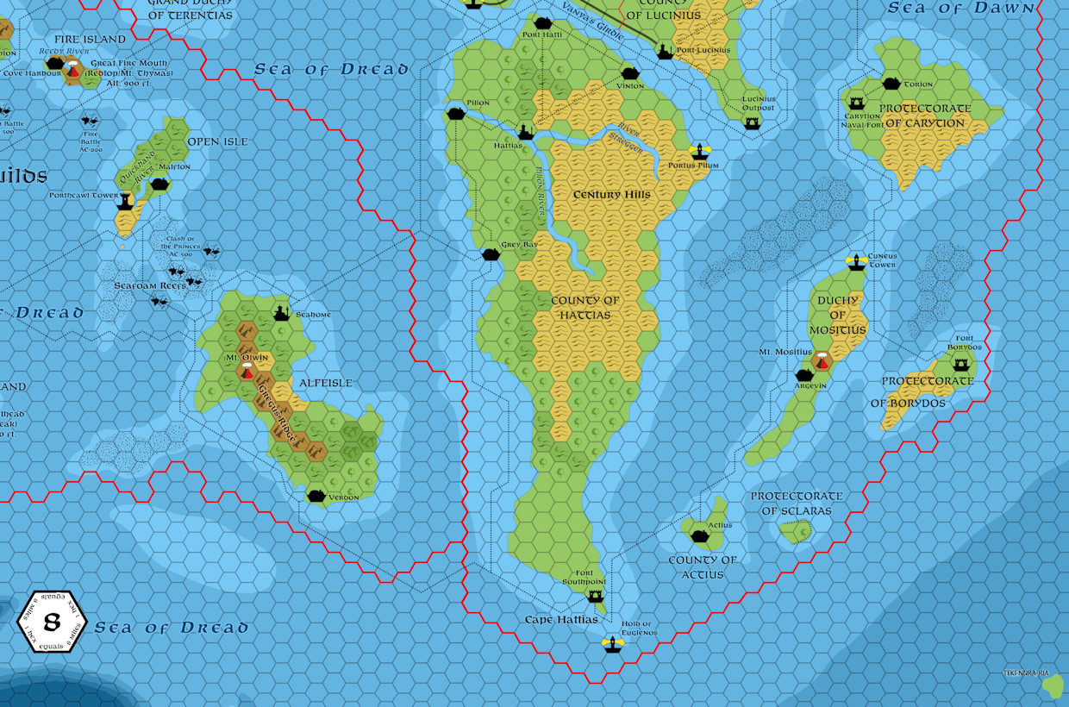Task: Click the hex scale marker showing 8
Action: tap(52, 622)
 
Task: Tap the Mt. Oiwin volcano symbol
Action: tap(247, 372)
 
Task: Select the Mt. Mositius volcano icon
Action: tap(822, 361)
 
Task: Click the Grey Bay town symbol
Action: tap(491, 254)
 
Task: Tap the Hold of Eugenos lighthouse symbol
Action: tap(613, 643)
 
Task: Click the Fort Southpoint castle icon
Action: tap(594, 596)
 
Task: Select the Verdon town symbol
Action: tap(316, 496)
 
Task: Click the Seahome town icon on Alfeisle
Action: tap(281, 314)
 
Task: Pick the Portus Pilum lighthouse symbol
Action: tap(699, 153)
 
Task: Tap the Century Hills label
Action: tap(612, 195)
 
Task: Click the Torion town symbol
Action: tap(891, 84)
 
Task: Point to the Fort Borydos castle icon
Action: tap(961, 365)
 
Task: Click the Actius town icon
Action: tap(700, 536)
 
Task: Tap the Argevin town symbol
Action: tap(804, 376)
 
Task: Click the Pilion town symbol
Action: tap(456, 114)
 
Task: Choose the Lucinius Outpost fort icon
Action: tap(753, 123)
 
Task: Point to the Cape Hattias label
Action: tap(561, 620)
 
